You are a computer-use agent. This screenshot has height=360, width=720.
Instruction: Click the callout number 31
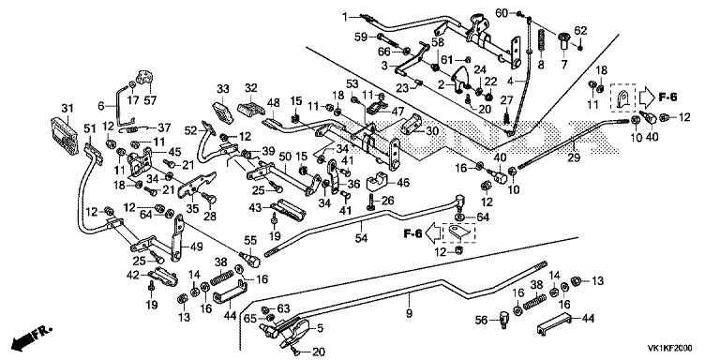pyautogui.click(x=67, y=108)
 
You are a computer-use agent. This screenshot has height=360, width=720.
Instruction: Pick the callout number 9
pyautogui.click(x=409, y=314)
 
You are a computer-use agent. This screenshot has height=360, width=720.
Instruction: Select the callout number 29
pyautogui.click(x=574, y=157)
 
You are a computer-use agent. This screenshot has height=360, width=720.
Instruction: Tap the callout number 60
pyautogui.click(x=502, y=13)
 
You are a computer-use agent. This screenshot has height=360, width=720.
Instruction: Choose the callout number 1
pyautogui.click(x=345, y=17)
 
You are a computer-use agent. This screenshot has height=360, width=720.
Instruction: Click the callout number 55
pyautogui.click(x=249, y=239)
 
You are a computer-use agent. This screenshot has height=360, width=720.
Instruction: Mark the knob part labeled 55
pyautogui.click(x=250, y=259)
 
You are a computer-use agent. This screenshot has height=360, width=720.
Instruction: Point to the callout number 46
pyautogui.click(x=403, y=183)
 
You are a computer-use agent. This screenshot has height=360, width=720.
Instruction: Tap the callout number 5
pyautogui.click(x=319, y=327)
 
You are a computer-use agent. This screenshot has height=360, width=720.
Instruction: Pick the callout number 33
pyautogui.click(x=223, y=88)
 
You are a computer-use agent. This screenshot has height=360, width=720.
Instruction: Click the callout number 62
pyautogui.click(x=581, y=31)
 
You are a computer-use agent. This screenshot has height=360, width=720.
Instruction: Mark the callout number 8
pyautogui.click(x=541, y=66)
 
